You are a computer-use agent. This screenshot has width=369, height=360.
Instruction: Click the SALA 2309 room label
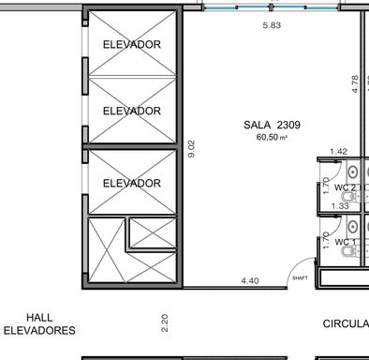(272, 125)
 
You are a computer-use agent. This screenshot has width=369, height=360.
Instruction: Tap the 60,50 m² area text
(272, 137)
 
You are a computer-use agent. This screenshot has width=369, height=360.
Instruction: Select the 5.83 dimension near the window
(272, 25)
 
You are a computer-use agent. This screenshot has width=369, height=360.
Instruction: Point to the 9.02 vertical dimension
(192, 149)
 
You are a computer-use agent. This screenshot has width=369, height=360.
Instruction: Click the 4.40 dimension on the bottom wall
(250, 280)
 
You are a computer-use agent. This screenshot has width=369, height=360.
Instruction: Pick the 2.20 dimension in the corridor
(165, 322)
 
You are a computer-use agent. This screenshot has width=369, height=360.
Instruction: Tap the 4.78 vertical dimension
(355, 83)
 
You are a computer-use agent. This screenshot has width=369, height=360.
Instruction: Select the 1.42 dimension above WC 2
(338, 152)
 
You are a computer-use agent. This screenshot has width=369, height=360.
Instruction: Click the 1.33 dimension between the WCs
(340, 206)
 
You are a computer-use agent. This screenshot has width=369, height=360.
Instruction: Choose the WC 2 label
(345, 187)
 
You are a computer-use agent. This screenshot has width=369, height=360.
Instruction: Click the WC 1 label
(346, 242)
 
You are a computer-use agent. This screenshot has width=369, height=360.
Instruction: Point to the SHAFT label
(300, 277)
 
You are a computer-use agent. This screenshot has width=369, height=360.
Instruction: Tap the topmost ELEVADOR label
(132, 44)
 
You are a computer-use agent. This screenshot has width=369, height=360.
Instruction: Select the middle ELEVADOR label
(132, 111)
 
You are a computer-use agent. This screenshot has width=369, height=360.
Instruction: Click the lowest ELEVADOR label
(132, 183)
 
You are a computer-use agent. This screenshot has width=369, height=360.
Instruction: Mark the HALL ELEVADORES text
(39, 324)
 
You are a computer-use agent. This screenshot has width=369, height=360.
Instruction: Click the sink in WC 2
(353, 172)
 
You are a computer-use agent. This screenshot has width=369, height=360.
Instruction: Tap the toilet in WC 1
(349, 251)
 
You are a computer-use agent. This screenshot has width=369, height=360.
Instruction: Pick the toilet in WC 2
(349, 197)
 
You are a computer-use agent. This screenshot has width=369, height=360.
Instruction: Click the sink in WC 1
(353, 226)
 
